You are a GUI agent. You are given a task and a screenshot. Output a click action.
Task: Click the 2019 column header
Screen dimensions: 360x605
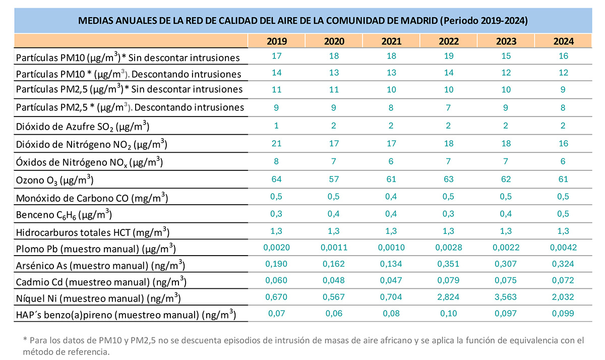(276, 41)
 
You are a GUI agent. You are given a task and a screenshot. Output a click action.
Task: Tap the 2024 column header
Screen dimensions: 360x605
(563, 41)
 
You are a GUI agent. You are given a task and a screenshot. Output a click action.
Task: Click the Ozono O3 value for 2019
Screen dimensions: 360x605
(276, 179)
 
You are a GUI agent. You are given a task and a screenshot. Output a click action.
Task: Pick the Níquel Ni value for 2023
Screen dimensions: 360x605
(506, 297)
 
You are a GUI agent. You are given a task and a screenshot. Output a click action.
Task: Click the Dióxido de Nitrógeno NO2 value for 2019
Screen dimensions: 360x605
(276, 144)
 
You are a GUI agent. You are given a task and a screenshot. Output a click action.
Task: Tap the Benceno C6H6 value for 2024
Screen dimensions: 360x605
(563, 213)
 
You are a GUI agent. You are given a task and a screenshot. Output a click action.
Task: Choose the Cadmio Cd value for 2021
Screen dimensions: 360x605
(392, 281)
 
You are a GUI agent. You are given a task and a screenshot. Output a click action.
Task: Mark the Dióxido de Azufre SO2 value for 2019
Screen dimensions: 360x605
(276, 126)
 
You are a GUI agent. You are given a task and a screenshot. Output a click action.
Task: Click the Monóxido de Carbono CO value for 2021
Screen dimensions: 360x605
(392, 196)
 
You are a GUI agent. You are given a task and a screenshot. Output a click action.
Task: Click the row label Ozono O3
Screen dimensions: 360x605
(55, 180)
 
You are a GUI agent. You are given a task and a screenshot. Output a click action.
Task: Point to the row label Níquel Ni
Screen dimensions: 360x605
(99, 298)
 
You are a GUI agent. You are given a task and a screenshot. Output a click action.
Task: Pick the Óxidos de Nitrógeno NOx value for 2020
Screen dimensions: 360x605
(334, 161)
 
